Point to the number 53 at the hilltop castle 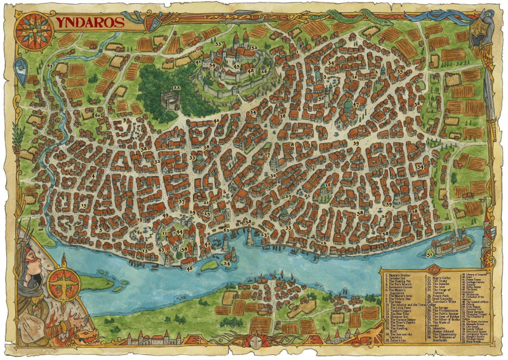pyautogui.click(x=218, y=44)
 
